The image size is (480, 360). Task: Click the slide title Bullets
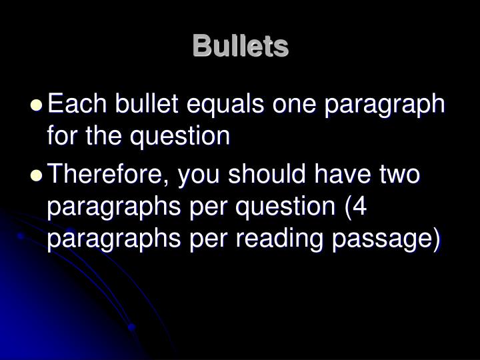pyautogui.click(x=240, y=47)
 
